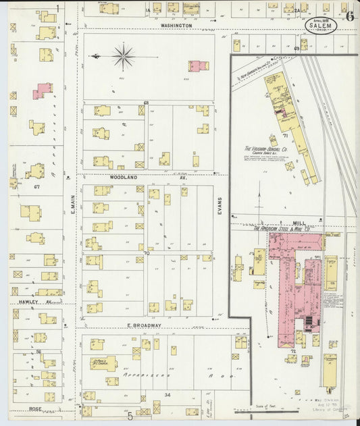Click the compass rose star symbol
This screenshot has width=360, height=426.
point(124,56)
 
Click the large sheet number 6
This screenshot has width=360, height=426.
point(349,17)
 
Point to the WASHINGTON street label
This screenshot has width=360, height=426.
point(177,25)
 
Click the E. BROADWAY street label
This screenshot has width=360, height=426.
point(145,325)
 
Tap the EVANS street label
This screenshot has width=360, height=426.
point(220,204)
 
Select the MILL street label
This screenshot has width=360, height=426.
point(299,222)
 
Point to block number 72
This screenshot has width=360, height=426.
point(293,351)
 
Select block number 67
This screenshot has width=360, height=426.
point(38,186)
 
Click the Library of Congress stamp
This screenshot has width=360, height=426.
point(332,409)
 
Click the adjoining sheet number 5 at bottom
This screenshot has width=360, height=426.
point(130,417)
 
